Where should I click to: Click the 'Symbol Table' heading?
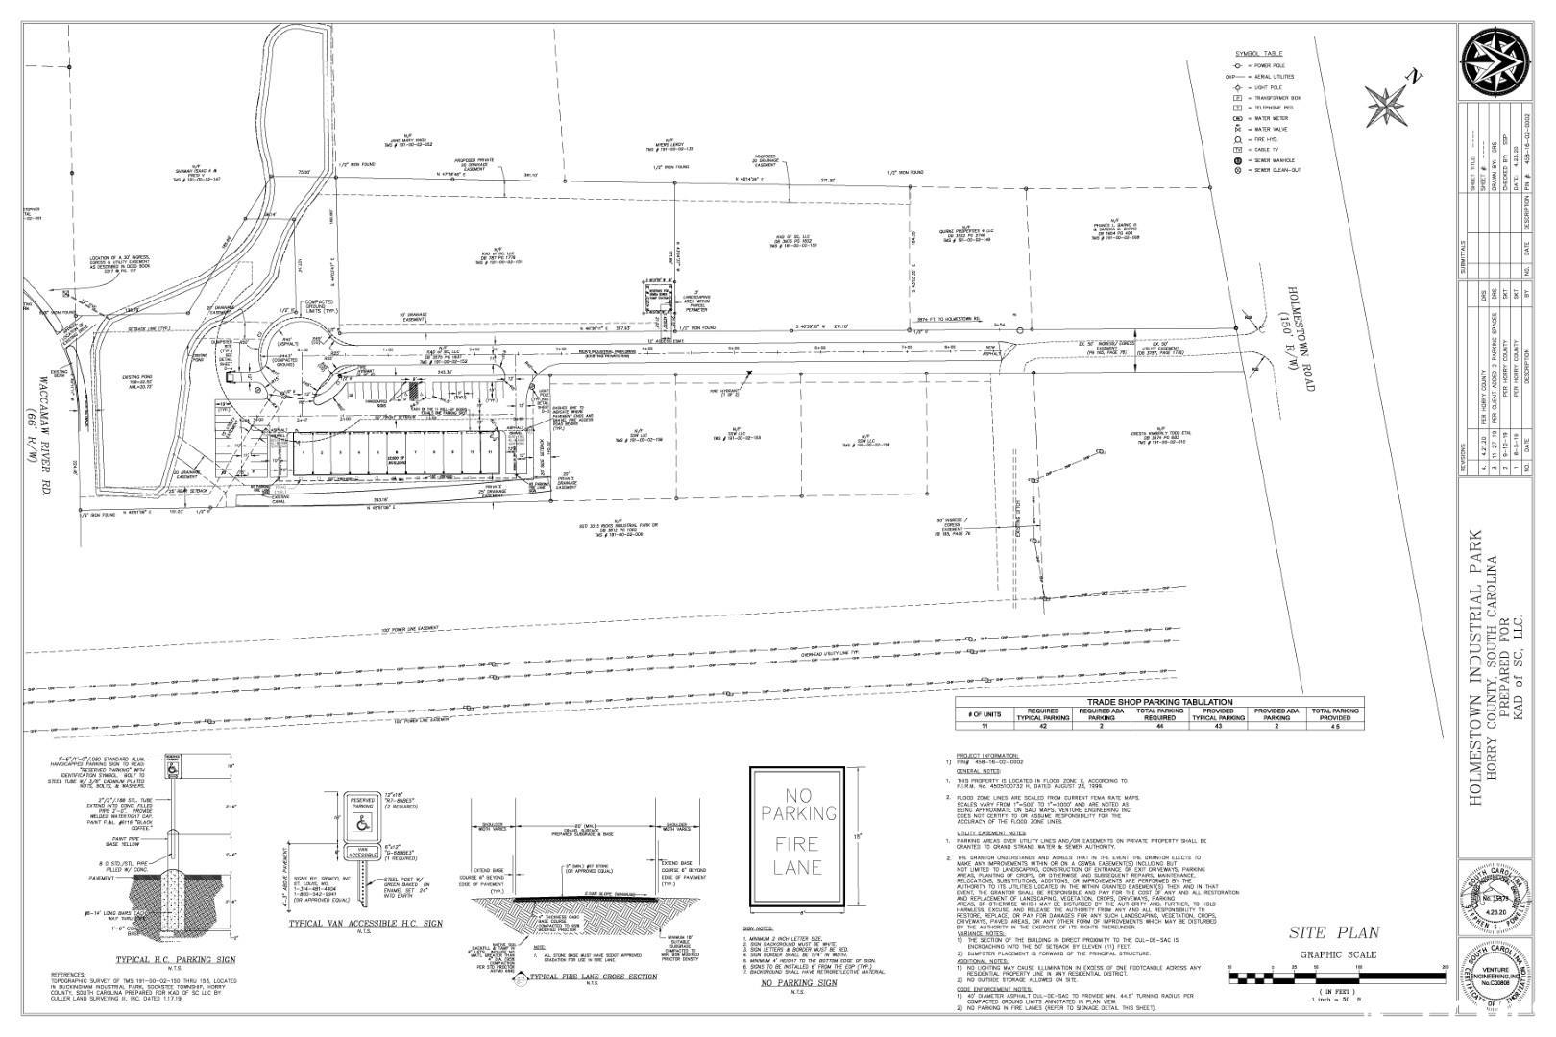1258,53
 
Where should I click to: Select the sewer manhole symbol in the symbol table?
1239,160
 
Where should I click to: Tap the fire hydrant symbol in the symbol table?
1239,139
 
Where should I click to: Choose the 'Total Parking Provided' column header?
1334,714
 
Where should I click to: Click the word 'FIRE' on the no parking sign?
797,845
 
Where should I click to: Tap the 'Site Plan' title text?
1334,932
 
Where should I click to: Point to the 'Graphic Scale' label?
1338,954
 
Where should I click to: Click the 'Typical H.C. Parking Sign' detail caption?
162,959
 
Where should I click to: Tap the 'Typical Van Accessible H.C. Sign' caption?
365,924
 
